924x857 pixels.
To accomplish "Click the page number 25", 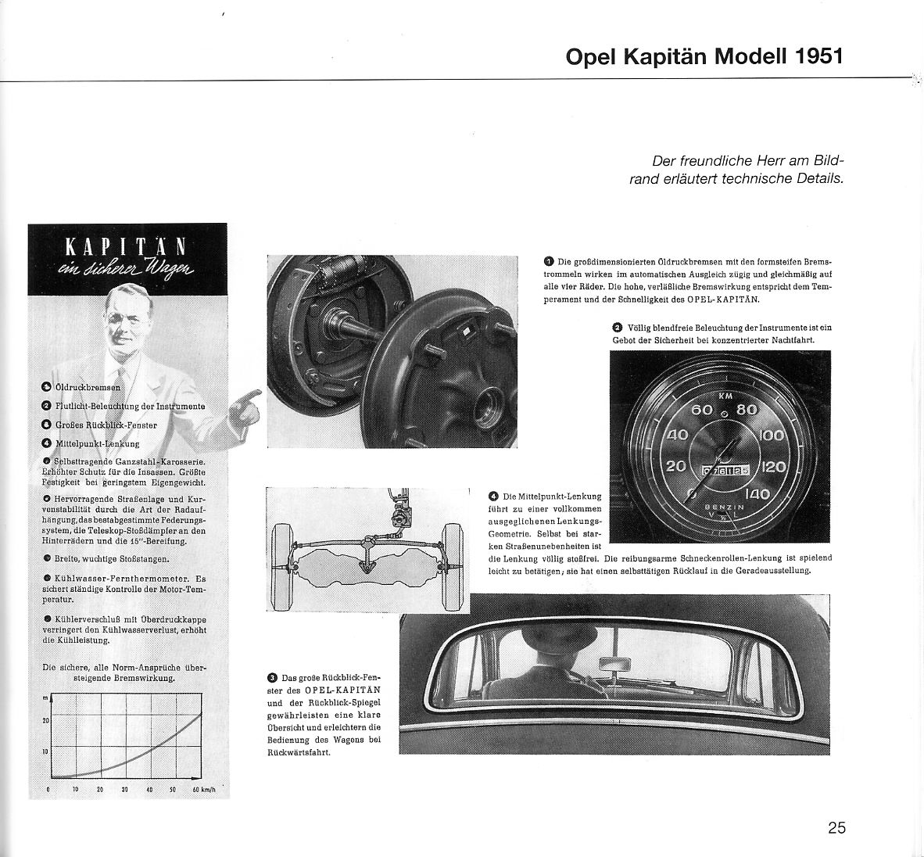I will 836,827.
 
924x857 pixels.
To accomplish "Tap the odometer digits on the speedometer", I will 725,471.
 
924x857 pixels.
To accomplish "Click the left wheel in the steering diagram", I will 281,561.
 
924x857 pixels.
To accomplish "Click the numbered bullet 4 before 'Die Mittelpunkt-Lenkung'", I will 493,496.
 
